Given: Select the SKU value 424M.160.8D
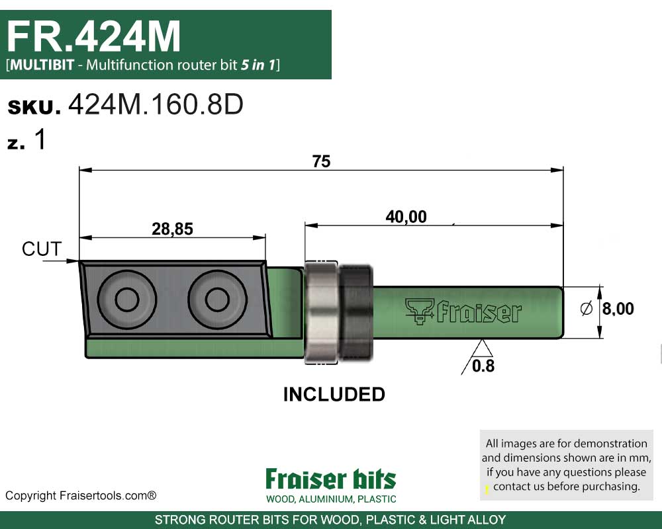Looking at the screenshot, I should [156, 106].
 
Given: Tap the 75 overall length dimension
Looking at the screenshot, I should [321, 161].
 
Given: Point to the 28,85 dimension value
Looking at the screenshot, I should [172, 229].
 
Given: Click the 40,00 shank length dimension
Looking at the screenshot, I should [406, 216].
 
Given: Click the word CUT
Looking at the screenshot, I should [42, 249].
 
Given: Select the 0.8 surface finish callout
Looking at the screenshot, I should [483, 366].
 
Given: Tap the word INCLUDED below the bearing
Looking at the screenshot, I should [334, 395].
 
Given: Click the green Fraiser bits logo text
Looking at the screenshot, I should [330, 479].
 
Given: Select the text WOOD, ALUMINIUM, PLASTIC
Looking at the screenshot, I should [331, 499].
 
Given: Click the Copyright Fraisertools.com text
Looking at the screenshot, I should [81, 495].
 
